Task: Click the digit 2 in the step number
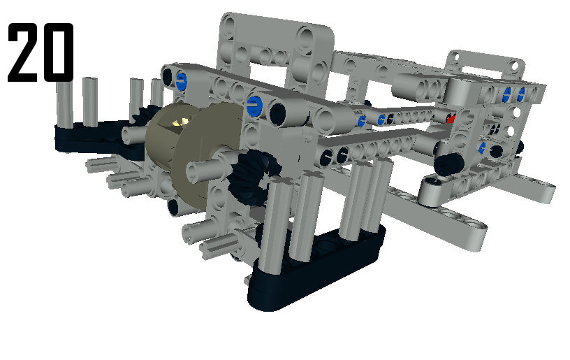coord(22,52)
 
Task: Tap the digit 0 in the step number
coord(58,52)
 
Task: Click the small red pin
coord(451,120)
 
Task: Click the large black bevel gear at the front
coord(254,175)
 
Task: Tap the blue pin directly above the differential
coord(254,106)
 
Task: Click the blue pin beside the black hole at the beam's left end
coord(181,81)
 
